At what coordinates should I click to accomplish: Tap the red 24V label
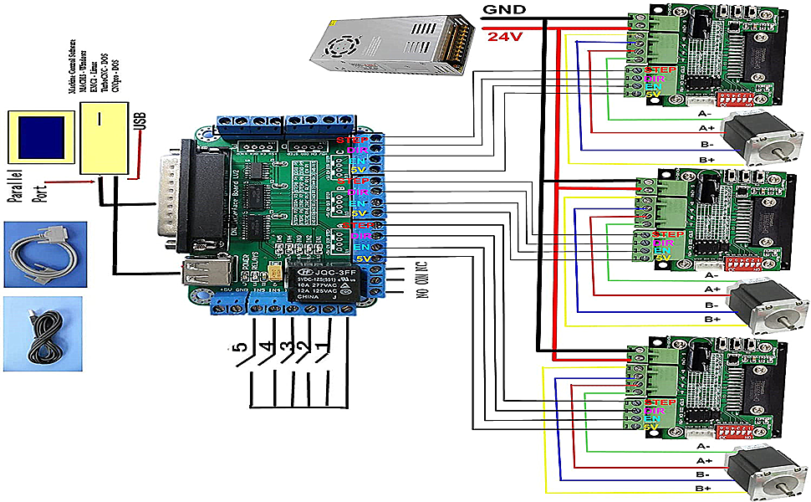coord(505,37)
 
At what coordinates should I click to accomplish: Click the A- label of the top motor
coord(704,113)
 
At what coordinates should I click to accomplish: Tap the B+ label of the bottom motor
coord(704,488)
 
